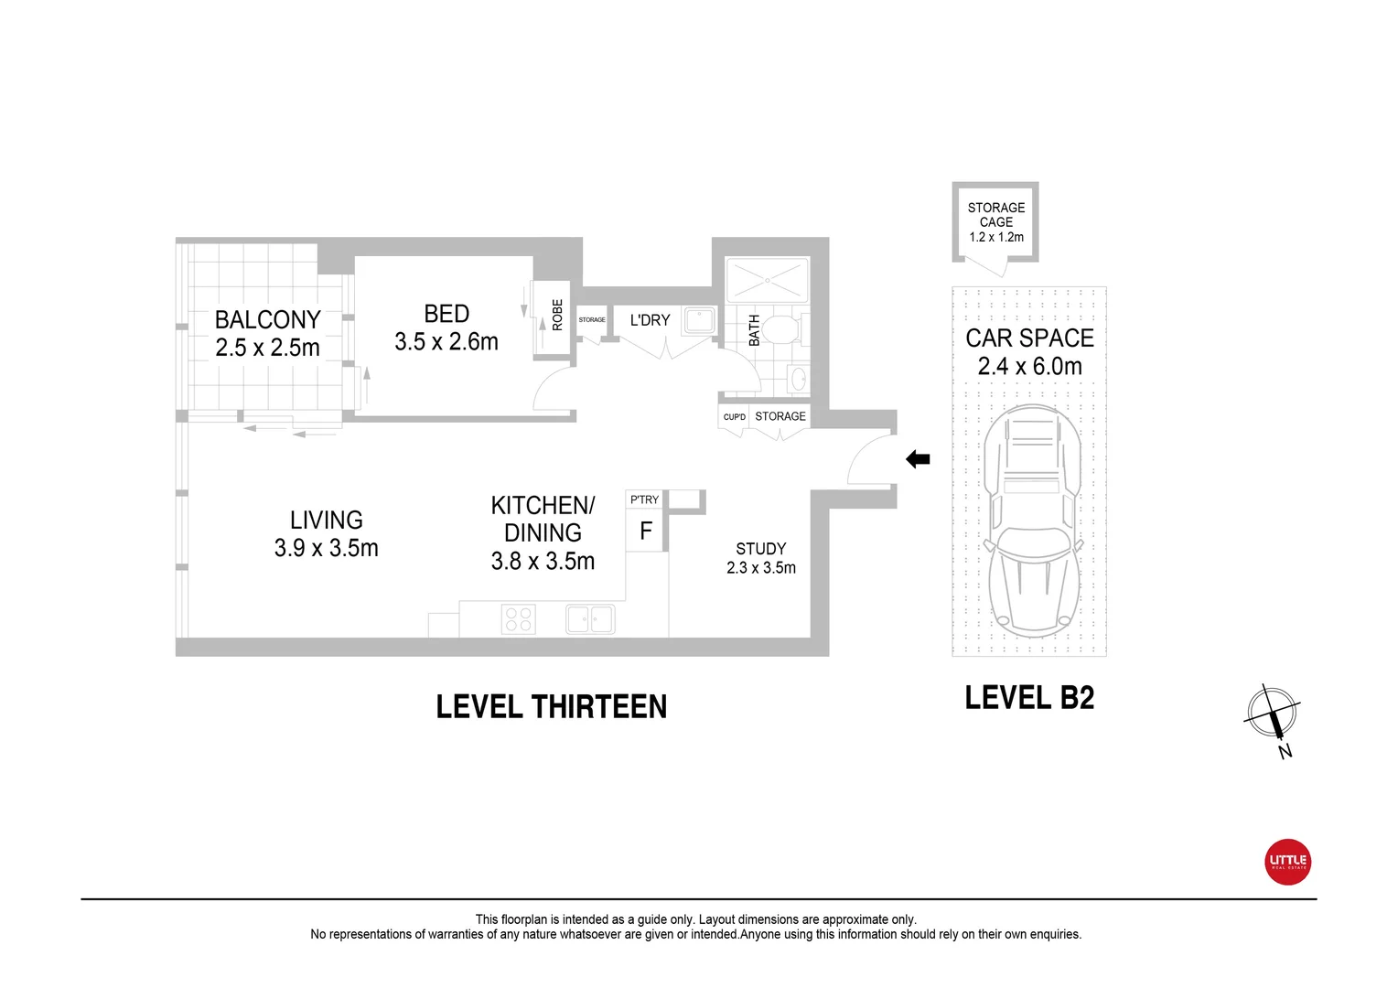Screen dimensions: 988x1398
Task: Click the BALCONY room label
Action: click(267, 320)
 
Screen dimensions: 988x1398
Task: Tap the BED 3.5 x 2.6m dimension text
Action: click(446, 342)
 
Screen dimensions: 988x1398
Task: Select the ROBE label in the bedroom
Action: click(557, 314)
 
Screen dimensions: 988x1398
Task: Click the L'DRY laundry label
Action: click(650, 320)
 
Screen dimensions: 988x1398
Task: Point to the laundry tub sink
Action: click(700, 320)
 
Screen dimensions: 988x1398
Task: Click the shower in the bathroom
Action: click(767, 279)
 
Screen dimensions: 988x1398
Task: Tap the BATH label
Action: click(754, 330)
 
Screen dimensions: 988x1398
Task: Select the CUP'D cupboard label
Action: click(734, 417)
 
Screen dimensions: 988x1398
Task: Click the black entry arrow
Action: click(918, 459)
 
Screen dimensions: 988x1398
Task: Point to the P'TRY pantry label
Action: click(644, 499)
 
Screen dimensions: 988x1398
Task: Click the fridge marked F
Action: click(646, 532)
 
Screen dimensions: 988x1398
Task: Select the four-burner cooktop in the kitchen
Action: click(519, 619)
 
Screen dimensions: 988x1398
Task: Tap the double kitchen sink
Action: click(590, 619)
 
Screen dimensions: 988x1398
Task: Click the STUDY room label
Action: click(760, 549)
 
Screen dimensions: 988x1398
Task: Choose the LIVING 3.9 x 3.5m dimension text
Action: click(327, 548)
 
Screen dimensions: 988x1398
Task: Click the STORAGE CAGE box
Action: click(995, 222)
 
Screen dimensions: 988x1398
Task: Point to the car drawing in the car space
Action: click(1031, 521)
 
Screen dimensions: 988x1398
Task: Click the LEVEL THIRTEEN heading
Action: click(551, 707)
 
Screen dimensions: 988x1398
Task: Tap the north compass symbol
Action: click(1272, 714)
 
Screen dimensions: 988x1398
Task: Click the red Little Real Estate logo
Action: click(1287, 862)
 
